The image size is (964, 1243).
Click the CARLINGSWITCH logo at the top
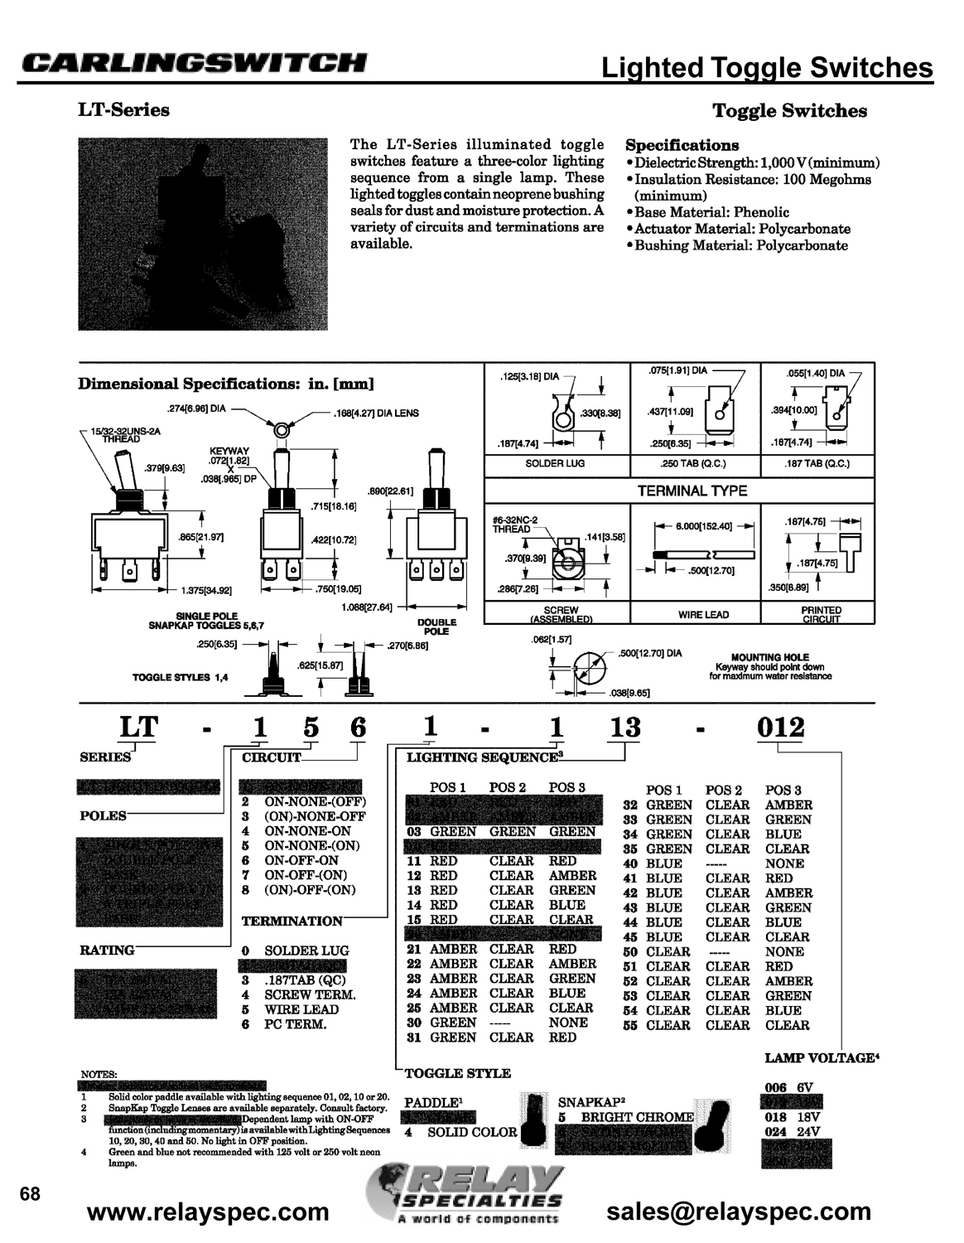[194, 63]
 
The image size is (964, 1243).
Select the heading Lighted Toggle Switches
[767, 68]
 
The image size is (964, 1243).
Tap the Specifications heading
[682, 145]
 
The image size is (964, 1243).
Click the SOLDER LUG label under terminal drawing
[555, 463]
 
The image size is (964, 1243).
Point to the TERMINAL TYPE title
[692, 491]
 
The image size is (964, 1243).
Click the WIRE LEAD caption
[703, 615]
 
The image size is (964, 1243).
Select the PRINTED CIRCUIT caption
[822, 615]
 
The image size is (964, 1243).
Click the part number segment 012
[781, 728]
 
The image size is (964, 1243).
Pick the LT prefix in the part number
[138, 727]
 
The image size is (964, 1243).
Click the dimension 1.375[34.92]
[206, 591]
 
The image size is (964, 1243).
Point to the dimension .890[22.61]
[389, 491]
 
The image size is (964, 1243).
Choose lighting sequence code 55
[634, 1025]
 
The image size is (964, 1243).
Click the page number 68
[30, 1194]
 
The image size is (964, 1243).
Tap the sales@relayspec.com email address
[739, 1212]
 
